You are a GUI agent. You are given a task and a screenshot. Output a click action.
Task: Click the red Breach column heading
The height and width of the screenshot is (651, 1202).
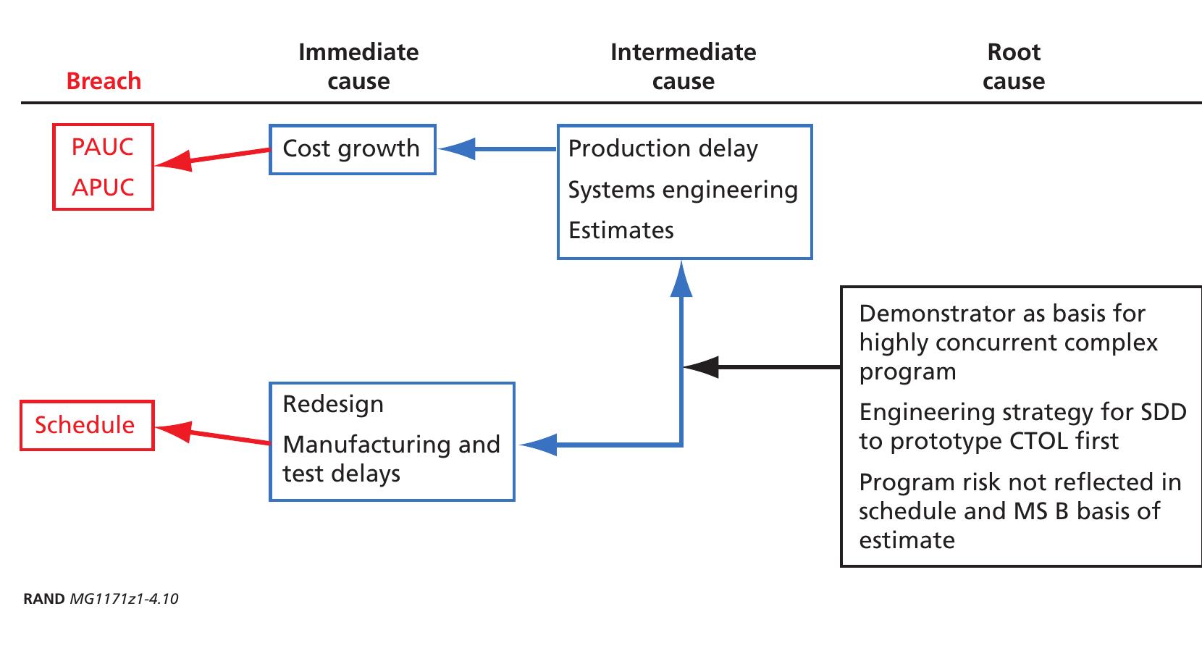[x=104, y=81]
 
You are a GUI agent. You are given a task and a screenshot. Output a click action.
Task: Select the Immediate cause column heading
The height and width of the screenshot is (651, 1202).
[x=358, y=67]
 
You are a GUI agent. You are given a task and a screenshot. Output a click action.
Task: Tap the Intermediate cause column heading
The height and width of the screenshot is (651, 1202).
[x=683, y=67]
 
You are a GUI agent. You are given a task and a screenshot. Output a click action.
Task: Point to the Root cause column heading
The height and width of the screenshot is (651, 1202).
[x=1014, y=67]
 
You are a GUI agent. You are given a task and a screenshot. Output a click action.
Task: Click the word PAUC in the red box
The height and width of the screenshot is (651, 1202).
[x=103, y=147]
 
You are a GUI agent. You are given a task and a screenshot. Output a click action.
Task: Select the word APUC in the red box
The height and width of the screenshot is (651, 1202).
[x=103, y=188]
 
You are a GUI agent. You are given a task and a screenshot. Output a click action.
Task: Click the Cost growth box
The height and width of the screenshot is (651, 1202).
[x=352, y=149]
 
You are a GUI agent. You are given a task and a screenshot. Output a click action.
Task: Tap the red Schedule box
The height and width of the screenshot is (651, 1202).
[x=86, y=425]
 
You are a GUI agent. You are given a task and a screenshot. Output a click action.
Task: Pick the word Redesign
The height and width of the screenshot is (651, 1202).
[x=333, y=404]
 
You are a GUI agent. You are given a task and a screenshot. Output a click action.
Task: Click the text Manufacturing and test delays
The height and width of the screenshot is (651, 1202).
[x=391, y=458]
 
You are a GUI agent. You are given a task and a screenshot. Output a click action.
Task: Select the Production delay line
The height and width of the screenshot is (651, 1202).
[x=663, y=148]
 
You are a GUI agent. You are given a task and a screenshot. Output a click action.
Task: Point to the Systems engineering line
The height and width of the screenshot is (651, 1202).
[x=682, y=190]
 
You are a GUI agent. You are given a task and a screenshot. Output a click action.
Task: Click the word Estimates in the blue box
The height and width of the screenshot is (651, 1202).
[x=621, y=230]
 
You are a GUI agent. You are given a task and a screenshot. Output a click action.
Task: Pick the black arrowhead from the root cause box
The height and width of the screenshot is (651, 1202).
[x=699, y=367]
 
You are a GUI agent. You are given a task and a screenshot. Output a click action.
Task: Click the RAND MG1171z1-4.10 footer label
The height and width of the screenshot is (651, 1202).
[x=101, y=599]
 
